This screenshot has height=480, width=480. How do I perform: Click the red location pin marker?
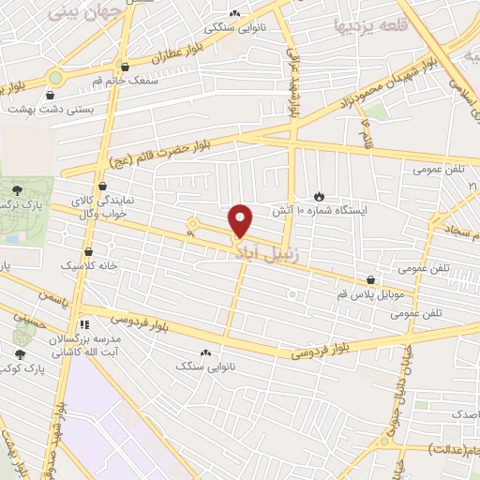pyautogui.click(x=242, y=219)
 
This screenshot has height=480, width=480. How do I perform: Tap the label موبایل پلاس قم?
pyautogui.click(x=371, y=295)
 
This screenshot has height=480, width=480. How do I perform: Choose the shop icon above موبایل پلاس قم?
pyautogui.click(x=372, y=279)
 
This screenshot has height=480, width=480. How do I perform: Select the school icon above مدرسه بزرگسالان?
pyautogui.click(x=83, y=324)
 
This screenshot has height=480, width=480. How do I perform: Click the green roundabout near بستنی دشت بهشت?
pyautogui.click(x=55, y=78)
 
